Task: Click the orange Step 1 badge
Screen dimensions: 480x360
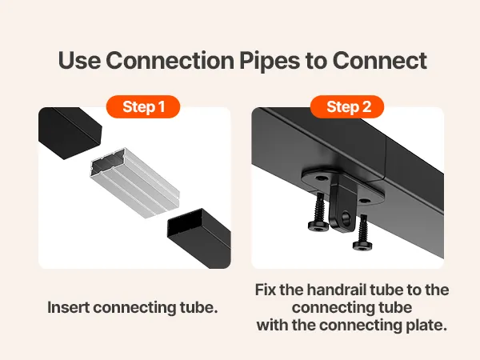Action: (143, 106)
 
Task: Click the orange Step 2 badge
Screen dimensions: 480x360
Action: (347, 106)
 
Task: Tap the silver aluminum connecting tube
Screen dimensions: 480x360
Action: (135, 182)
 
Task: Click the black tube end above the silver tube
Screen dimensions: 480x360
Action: (70, 133)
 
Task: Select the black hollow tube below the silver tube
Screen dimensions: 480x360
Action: (199, 238)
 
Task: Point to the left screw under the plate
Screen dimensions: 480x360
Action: (318, 212)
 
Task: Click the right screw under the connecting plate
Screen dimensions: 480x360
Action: (362, 232)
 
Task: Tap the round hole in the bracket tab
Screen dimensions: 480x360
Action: (346, 217)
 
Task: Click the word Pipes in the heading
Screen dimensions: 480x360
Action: (270, 60)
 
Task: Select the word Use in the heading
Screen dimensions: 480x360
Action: (79, 60)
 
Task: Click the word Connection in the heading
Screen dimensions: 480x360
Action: (170, 60)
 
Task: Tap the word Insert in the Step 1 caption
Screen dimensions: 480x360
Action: (68, 307)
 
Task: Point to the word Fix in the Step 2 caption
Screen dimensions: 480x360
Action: (266, 290)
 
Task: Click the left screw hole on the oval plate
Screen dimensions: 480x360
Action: (320, 178)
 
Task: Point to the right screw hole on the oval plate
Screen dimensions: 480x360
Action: (364, 201)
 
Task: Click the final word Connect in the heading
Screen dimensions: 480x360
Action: (379, 60)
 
